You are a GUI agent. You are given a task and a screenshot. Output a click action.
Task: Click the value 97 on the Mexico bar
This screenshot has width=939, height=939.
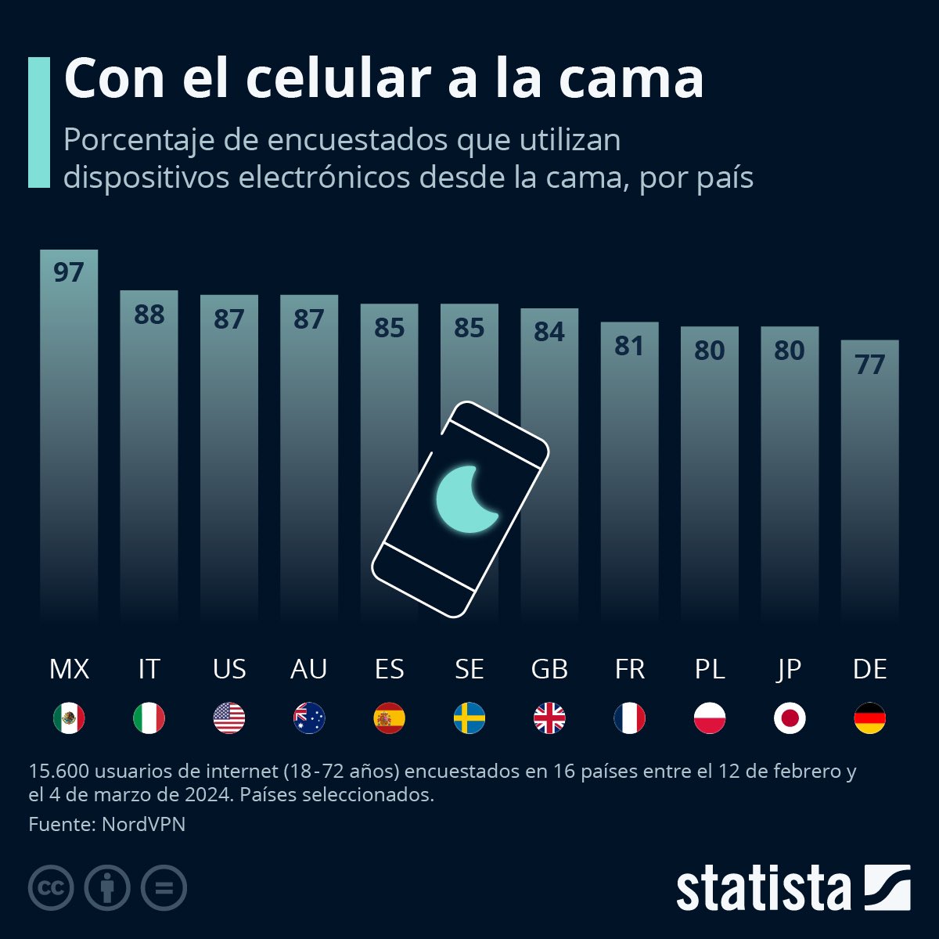coord(69,272)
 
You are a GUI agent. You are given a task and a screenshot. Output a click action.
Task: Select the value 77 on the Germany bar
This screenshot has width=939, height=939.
coord(869,364)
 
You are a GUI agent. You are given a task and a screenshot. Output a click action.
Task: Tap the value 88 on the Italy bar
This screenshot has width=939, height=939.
coord(149,315)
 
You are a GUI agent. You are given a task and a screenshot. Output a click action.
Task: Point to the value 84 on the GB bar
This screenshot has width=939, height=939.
coord(549,332)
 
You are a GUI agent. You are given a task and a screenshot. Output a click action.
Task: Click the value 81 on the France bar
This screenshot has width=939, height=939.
coord(629,346)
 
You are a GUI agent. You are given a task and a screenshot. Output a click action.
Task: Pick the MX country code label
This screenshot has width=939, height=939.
coord(69,669)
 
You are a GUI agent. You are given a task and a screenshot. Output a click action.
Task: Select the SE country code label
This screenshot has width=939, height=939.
coord(469,669)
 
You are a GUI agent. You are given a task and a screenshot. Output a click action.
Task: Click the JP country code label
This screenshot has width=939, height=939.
coord(790,669)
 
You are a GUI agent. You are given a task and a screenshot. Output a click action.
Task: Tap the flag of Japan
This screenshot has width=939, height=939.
coord(790,718)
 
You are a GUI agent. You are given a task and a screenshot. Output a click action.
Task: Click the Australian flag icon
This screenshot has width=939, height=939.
coord(309,718)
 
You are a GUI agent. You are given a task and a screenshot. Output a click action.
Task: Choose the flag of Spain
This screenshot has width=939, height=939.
coord(389,718)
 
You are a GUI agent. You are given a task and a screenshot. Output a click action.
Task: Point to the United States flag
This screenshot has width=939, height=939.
coord(229,718)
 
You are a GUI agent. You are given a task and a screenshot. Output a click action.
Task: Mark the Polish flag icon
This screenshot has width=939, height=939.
coord(710,718)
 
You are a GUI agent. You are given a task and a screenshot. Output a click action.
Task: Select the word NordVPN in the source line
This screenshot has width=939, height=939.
coord(143,824)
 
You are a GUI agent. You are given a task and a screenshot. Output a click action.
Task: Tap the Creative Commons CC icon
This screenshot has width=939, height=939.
coord(51,888)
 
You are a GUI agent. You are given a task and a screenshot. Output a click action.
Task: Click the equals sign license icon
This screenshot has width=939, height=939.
coord(164,888)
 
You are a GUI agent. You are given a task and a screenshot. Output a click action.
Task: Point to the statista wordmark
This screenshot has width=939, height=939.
coord(763,889)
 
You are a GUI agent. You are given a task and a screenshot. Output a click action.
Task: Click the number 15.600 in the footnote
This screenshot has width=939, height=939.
coord(59,771)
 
